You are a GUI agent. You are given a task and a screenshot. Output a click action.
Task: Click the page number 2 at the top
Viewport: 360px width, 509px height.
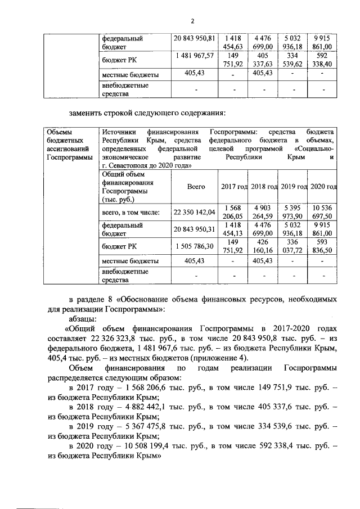click(192, 22)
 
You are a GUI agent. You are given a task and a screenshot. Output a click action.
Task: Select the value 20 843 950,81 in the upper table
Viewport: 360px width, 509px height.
click(195, 39)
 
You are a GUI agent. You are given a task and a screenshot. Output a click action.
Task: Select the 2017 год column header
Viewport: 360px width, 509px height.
click(233, 187)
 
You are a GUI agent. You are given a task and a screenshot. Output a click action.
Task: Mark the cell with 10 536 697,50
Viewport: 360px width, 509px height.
click(322, 212)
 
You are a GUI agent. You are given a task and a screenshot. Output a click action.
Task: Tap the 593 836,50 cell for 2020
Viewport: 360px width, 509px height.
click(322, 246)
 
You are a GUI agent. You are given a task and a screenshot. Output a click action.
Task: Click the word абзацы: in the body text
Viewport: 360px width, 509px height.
click(84, 318)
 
